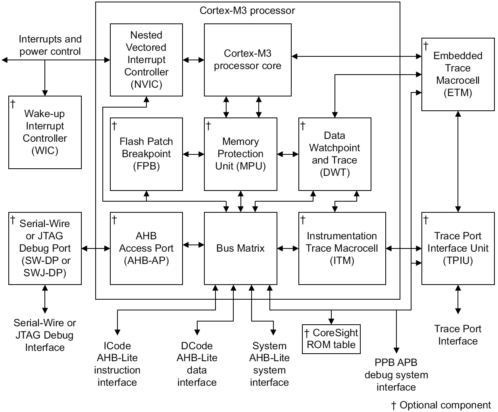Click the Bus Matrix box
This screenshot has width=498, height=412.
click(x=240, y=248)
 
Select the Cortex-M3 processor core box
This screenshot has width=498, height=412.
click(x=247, y=60)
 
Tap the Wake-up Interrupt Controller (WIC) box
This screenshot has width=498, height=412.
click(x=45, y=132)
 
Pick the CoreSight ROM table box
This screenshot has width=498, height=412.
click(x=331, y=339)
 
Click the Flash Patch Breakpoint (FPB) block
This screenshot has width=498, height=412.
click(x=146, y=154)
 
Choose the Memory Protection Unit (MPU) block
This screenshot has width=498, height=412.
click(x=240, y=154)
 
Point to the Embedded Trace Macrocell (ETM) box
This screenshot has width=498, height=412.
click(x=458, y=74)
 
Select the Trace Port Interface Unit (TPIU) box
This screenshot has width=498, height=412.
click(x=458, y=248)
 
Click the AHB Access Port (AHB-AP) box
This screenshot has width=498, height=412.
click(x=146, y=248)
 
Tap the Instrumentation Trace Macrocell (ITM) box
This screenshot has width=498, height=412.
click(x=342, y=248)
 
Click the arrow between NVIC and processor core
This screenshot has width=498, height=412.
click(x=193, y=60)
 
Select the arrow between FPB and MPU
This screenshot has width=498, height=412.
click(x=193, y=154)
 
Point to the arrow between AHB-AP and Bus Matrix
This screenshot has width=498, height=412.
click(x=193, y=245)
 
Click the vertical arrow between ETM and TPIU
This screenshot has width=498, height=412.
click(x=458, y=161)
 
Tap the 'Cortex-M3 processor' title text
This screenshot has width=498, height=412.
click(x=247, y=10)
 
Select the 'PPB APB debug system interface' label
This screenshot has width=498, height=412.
click(x=396, y=375)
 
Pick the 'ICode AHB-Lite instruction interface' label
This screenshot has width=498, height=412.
click(x=117, y=364)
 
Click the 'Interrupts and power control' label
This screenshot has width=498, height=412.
click(x=50, y=45)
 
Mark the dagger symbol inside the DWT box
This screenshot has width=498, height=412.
click(x=303, y=126)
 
